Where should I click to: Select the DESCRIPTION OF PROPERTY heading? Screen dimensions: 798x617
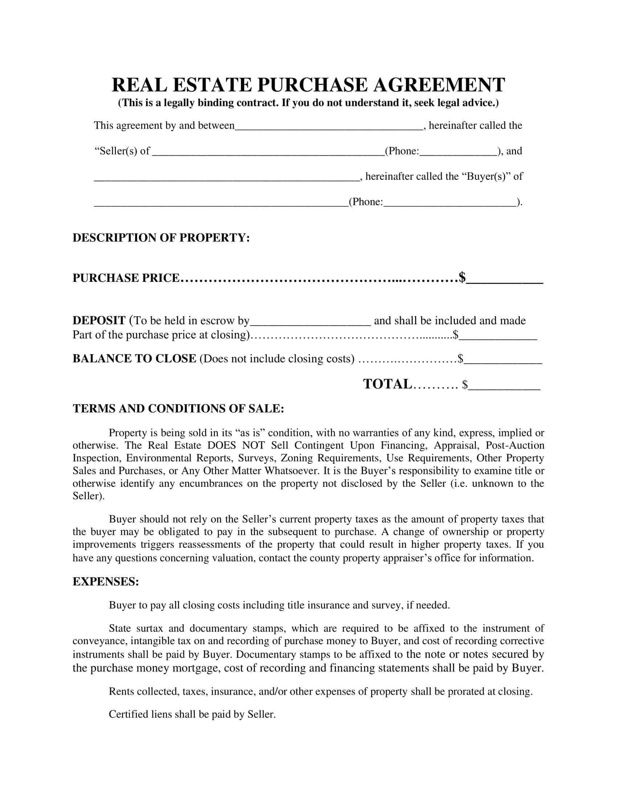coord(161,238)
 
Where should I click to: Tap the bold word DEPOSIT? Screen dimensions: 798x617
coord(99,320)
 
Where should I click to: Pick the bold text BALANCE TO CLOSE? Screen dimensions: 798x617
coord(134,358)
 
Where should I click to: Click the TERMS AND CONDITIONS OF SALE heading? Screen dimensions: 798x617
coord(178,408)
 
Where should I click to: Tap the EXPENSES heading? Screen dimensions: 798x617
coord(106,581)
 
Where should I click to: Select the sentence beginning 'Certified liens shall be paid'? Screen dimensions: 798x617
coord(192,714)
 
